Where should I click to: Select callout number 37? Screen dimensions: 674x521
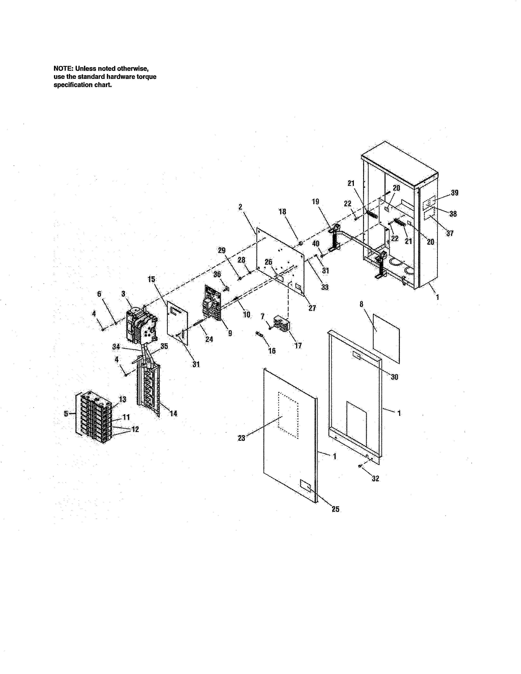450,233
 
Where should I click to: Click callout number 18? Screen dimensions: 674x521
282,212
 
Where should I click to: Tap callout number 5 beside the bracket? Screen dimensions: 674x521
66,414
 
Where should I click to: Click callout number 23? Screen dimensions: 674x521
241,438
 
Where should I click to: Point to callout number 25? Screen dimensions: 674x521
335,509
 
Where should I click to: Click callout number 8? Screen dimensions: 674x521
361,305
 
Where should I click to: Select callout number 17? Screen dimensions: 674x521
298,346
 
